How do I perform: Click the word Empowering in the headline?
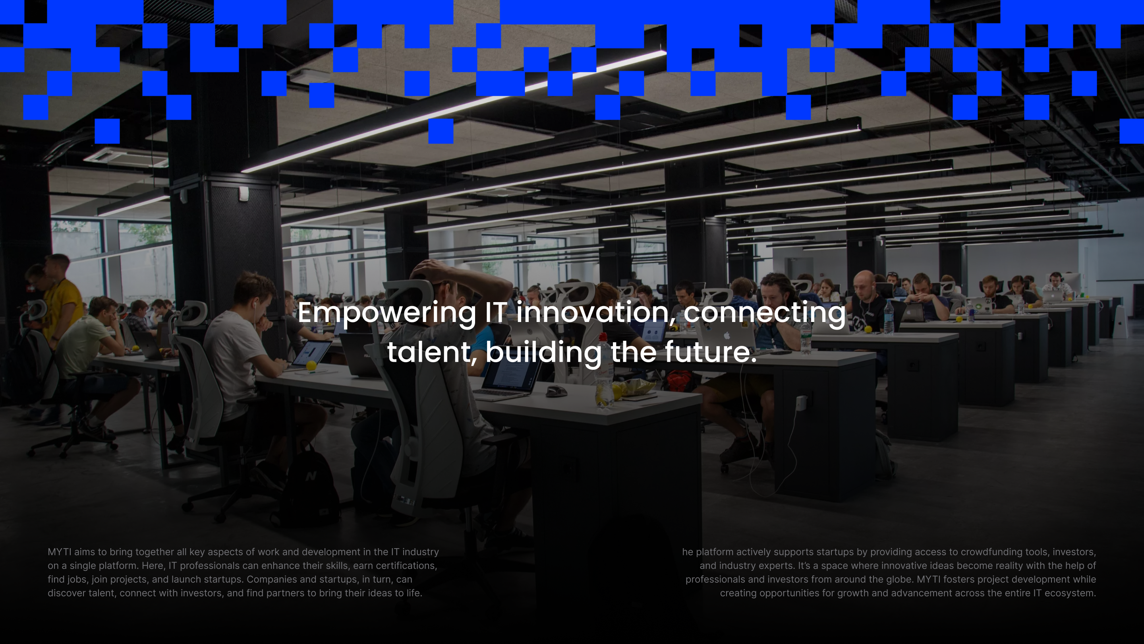(387, 314)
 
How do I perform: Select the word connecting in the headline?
(764, 314)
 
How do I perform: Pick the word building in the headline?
(543, 353)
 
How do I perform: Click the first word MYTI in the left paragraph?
(60, 552)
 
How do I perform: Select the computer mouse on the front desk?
(556, 392)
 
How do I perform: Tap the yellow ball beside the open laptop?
(311, 365)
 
